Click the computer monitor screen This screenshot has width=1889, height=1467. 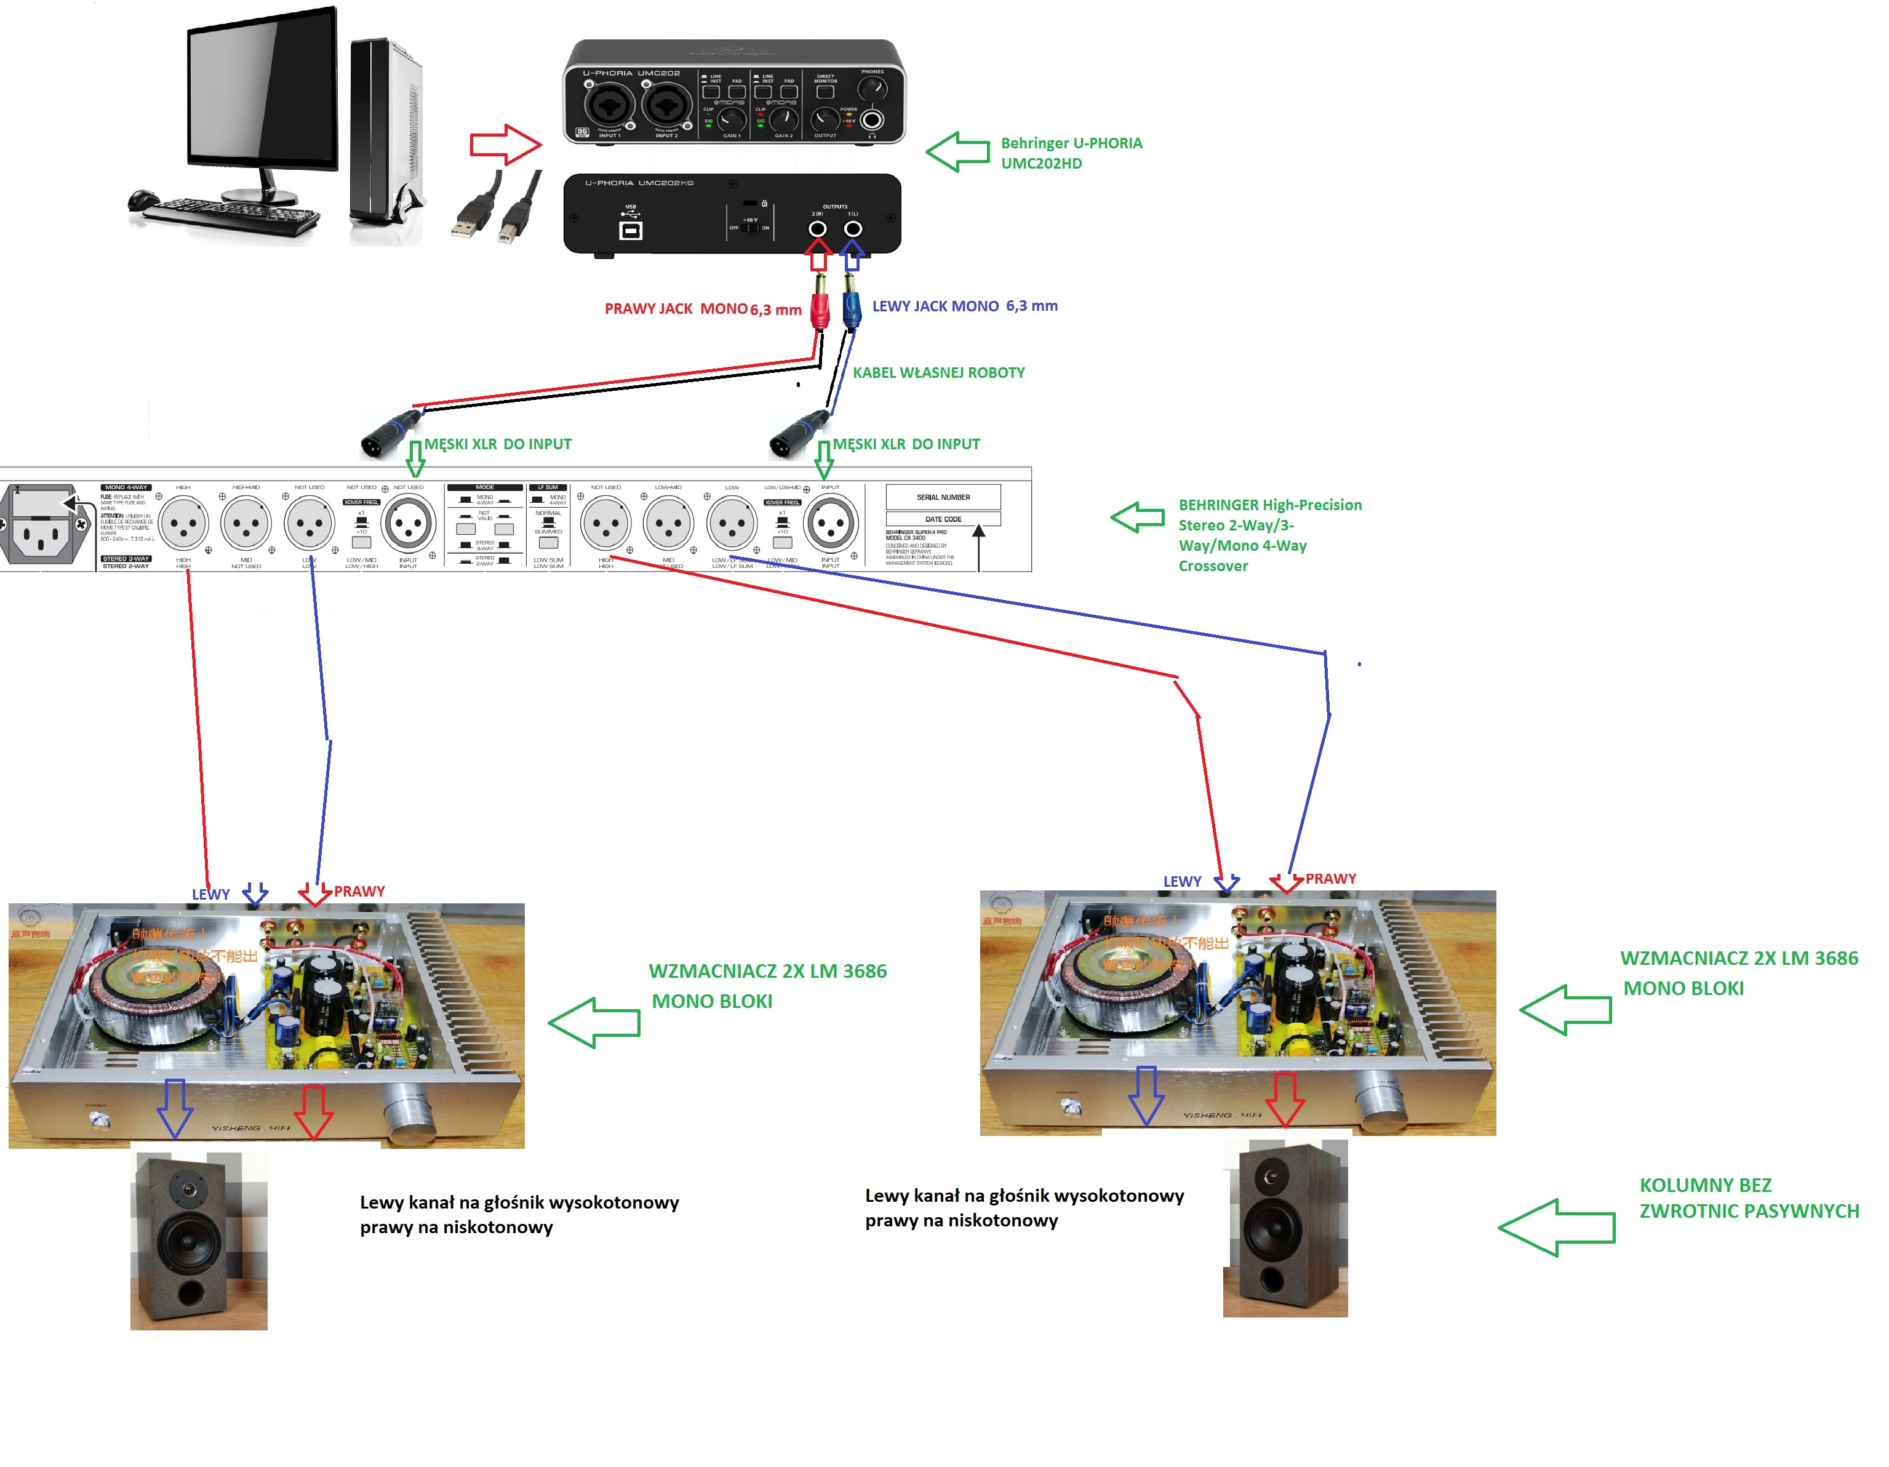pyautogui.click(x=262, y=87)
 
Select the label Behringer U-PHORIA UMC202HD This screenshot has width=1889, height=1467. pyautogui.click(x=1071, y=153)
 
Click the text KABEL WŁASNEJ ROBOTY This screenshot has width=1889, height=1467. pyautogui.click(x=938, y=373)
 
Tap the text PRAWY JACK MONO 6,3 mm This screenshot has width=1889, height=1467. pyautogui.click(x=702, y=310)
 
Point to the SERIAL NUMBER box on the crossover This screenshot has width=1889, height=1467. pyautogui.click(x=943, y=497)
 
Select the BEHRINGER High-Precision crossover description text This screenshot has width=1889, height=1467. pyautogui.click(x=1269, y=535)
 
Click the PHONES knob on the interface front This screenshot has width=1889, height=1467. pyautogui.click(x=873, y=88)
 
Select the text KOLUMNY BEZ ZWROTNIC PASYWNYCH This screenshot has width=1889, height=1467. pyautogui.click(x=1748, y=1198)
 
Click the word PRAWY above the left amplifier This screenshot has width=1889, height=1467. pyautogui.click(x=359, y=892)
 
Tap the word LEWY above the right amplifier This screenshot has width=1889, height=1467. pyautogui.click(x=1181, y=881)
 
